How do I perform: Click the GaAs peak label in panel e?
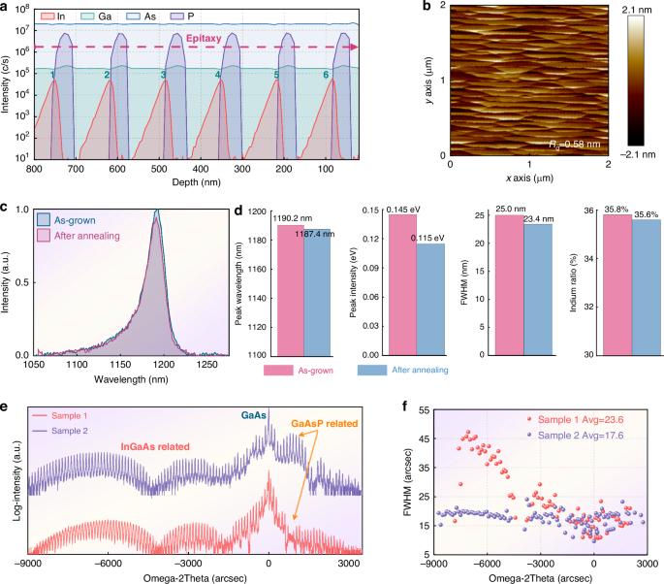tap(269, 420)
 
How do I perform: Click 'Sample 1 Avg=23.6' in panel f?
tap(581, 420)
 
